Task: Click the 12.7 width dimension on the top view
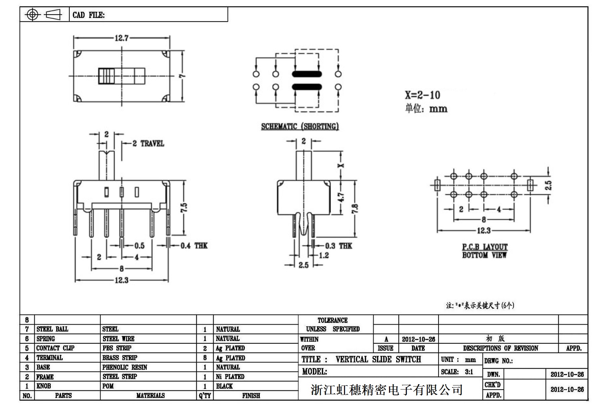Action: tap(121, 38)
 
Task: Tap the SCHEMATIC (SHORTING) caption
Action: tap(300, 126)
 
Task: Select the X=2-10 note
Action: tap(422, 95)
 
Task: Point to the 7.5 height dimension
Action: tap(184, 208)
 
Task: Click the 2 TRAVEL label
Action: tap(148, 144)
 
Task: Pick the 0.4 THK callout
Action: tap(194, 246)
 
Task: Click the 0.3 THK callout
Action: tap(338, 246)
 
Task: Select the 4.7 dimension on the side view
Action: tap(341, 197)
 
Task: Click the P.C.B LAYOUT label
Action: tap(485, 247)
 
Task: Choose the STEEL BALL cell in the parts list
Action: tap(52, 329)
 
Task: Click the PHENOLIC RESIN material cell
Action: tap(125, 367)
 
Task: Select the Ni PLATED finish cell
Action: tap(230, 377)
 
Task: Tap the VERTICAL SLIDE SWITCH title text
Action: tap(378, 360)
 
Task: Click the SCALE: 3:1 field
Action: tap(457, 372)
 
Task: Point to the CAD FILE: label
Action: tap(88, 15)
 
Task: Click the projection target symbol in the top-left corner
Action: tap(32, 14)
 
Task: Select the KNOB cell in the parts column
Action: tap(44, 386)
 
